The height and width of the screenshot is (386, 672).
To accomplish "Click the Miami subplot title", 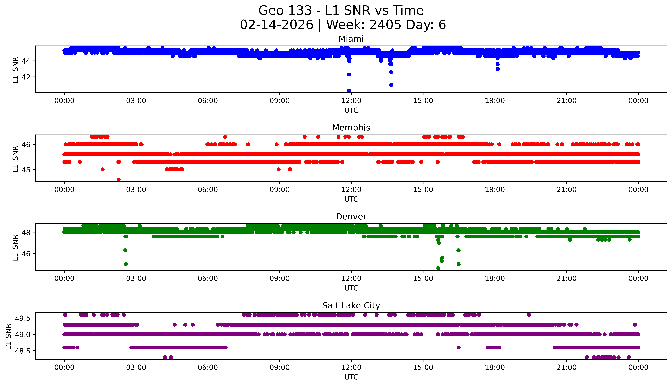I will (351, 39).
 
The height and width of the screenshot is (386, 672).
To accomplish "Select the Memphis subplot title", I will (351, 128).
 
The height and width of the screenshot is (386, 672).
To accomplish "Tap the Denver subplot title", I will (351, 217).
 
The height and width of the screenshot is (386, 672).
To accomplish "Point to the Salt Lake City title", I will (351, 306).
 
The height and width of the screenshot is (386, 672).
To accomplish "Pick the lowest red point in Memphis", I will (119, 179).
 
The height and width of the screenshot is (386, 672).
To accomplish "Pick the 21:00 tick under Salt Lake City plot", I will (566, 367).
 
